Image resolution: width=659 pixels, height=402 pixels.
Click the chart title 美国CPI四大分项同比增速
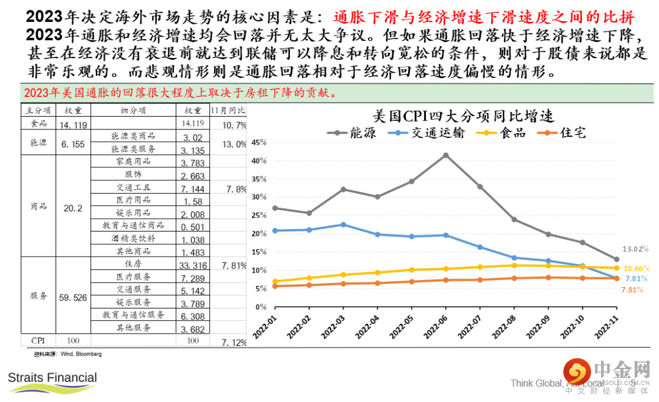tap(463, 116)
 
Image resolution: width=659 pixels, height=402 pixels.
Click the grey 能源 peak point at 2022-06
tap(445, 155)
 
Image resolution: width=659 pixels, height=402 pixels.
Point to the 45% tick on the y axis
tap(259, 142)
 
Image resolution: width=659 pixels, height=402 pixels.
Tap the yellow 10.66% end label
tap(636, 269)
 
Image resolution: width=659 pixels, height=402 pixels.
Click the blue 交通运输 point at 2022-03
tap(343, 225)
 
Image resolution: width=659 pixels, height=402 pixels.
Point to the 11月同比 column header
tap(228, 111)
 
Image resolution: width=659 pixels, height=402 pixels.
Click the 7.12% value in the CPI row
tap(234, 341)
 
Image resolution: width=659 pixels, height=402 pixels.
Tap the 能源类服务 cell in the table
tap(133, 149)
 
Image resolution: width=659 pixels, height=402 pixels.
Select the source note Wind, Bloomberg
tap(68, 354)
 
